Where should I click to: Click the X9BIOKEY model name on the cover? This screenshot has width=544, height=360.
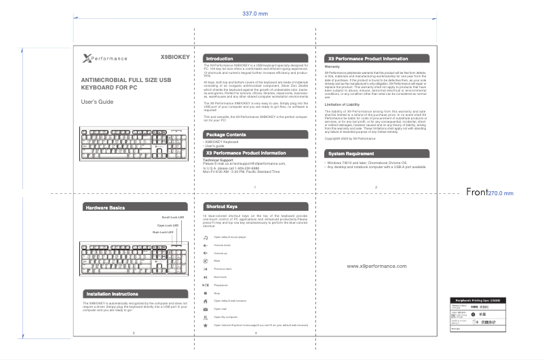174,58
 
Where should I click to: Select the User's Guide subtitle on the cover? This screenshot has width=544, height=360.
97,101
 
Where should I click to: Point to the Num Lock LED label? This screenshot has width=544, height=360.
164,233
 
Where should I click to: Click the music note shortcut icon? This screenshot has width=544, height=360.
206,237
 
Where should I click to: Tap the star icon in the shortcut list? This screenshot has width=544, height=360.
206,325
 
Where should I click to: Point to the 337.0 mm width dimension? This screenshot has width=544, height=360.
255,14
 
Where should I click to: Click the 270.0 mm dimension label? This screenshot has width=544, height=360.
501,193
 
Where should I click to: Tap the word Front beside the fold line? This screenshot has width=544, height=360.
476,193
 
